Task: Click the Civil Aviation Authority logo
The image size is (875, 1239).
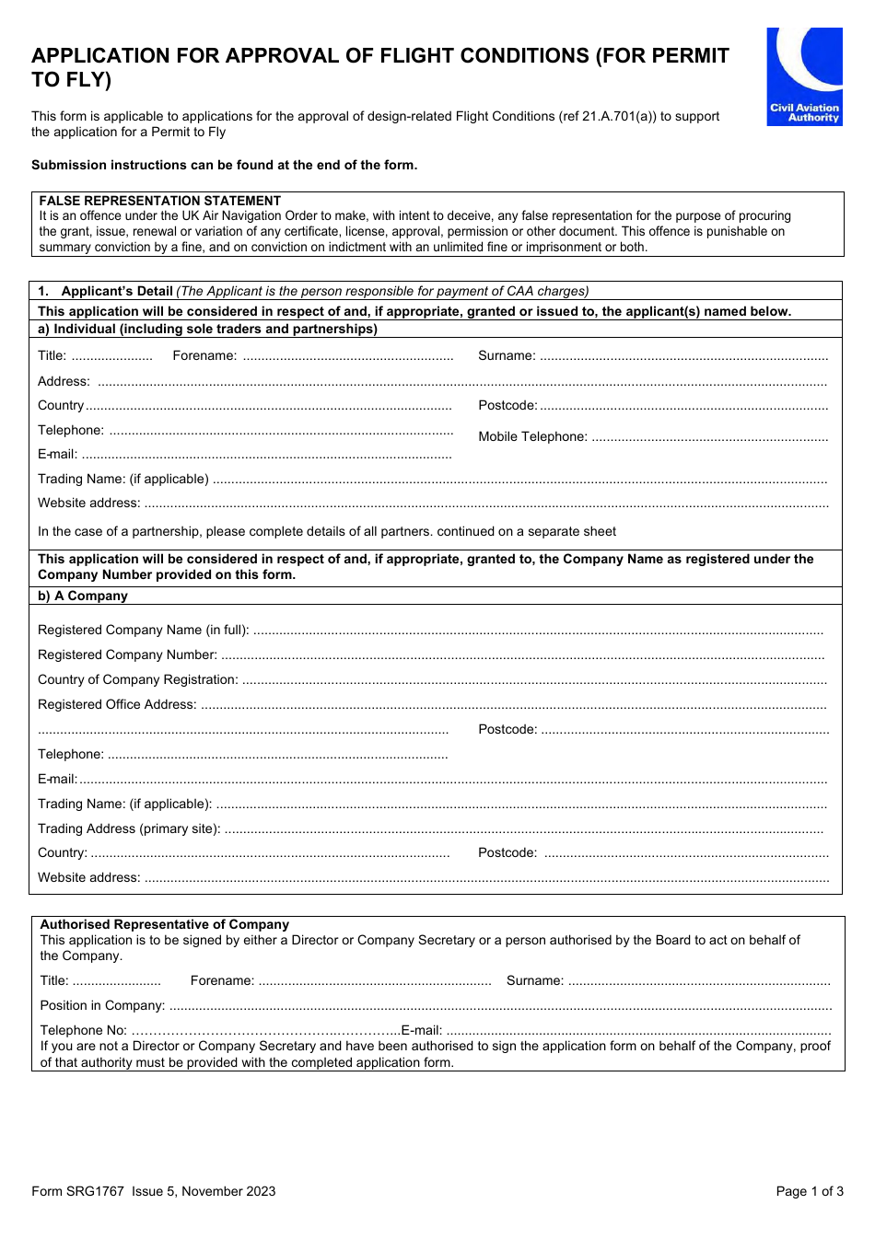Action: point(804,76)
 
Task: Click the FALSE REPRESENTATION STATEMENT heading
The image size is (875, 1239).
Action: point(159,201)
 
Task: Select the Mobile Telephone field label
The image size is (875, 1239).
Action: point(532,436)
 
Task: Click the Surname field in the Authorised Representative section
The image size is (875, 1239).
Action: point(698,981)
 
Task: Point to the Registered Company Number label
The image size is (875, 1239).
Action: point(127,654)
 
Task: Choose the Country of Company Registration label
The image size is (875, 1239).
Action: point(137,679)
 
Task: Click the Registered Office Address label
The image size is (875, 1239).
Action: point(117,704)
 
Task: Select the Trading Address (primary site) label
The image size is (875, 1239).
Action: point(129,828)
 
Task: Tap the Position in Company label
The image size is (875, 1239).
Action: point(102,1005)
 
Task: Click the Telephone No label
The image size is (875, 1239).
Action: point(83,1030)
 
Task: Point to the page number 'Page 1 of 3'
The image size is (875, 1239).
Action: point(809,1191)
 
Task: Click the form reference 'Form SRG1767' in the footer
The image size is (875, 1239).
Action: point(77,1191)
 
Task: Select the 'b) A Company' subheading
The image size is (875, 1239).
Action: point(83,596)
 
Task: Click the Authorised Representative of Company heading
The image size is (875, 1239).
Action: point(165,924)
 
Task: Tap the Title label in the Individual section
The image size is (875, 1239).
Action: point(52,356)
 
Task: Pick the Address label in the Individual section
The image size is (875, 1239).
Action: point(64,381)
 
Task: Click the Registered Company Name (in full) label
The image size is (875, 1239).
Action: point(143,630)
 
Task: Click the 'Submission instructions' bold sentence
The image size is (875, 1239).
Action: point(224,165)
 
